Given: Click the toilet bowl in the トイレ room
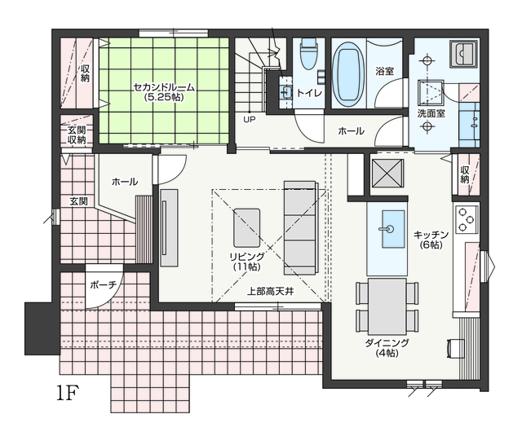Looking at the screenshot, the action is point(308,54).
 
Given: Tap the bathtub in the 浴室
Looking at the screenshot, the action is point(348,74).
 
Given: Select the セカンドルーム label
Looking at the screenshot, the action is point(164,87).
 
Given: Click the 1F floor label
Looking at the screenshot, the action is point(67,393).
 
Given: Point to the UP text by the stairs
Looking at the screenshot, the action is point(250,120).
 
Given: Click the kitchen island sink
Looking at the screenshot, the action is point(392,229).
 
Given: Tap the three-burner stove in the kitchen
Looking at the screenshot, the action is point(466,219).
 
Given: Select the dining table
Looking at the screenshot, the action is point(387,306).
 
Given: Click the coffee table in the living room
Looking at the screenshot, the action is point(246,228).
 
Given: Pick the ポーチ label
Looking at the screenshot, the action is point(104,285).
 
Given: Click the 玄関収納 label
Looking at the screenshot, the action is point(77,134).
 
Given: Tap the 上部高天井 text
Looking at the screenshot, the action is point(270,292).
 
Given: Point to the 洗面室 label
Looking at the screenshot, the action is point(431,114).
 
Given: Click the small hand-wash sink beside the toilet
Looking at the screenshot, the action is point(285,90).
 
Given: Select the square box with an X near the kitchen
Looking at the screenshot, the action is point(387,174).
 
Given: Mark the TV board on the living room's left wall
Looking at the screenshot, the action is point(169,227).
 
